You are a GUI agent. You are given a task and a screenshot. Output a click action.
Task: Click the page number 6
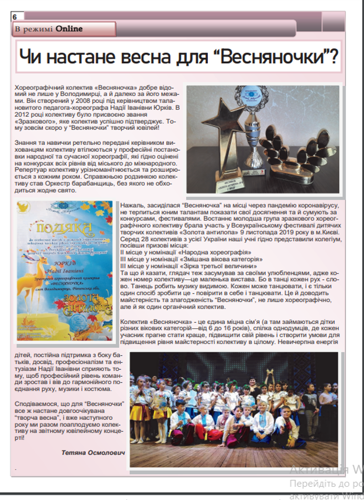point(15,17)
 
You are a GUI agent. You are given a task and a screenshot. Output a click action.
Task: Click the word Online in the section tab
point(69,29)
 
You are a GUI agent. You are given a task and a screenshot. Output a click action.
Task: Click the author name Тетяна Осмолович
point(93,453)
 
